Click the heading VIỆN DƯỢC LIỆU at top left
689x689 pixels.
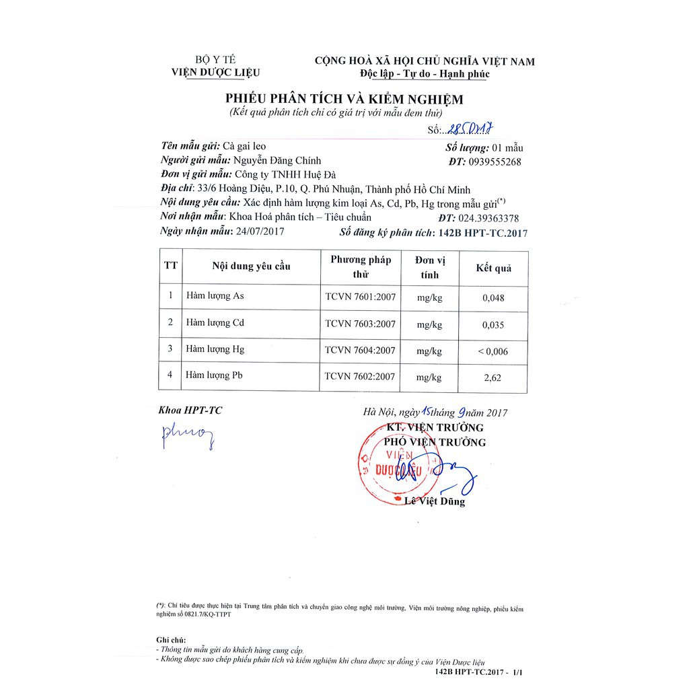pyautogui.click(x=215, y=73)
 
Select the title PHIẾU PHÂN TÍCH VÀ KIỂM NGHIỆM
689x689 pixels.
pyautogui.click(x=344, y=99)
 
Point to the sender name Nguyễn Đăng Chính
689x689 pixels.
pyautogui.click(x=277, y=161)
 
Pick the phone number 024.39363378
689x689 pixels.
pyautogui.click(x=488, y=218)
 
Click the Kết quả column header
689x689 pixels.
pyautogui.click(x=493, y=268)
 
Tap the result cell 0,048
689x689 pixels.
pyautogui.click(x=493, y=297)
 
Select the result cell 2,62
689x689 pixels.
pyautogui.click(x=493, y=378)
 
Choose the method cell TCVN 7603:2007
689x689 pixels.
pyautogui.click(x=360, y=324)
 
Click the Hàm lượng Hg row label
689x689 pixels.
pyautogui.click(x=215, y=349)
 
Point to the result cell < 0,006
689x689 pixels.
pyautogui.click(x=493, y=351)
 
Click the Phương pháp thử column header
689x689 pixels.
pyautogui.click(x=360, y=266)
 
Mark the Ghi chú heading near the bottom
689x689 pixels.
pyautogui.click(x=171, y=640)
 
